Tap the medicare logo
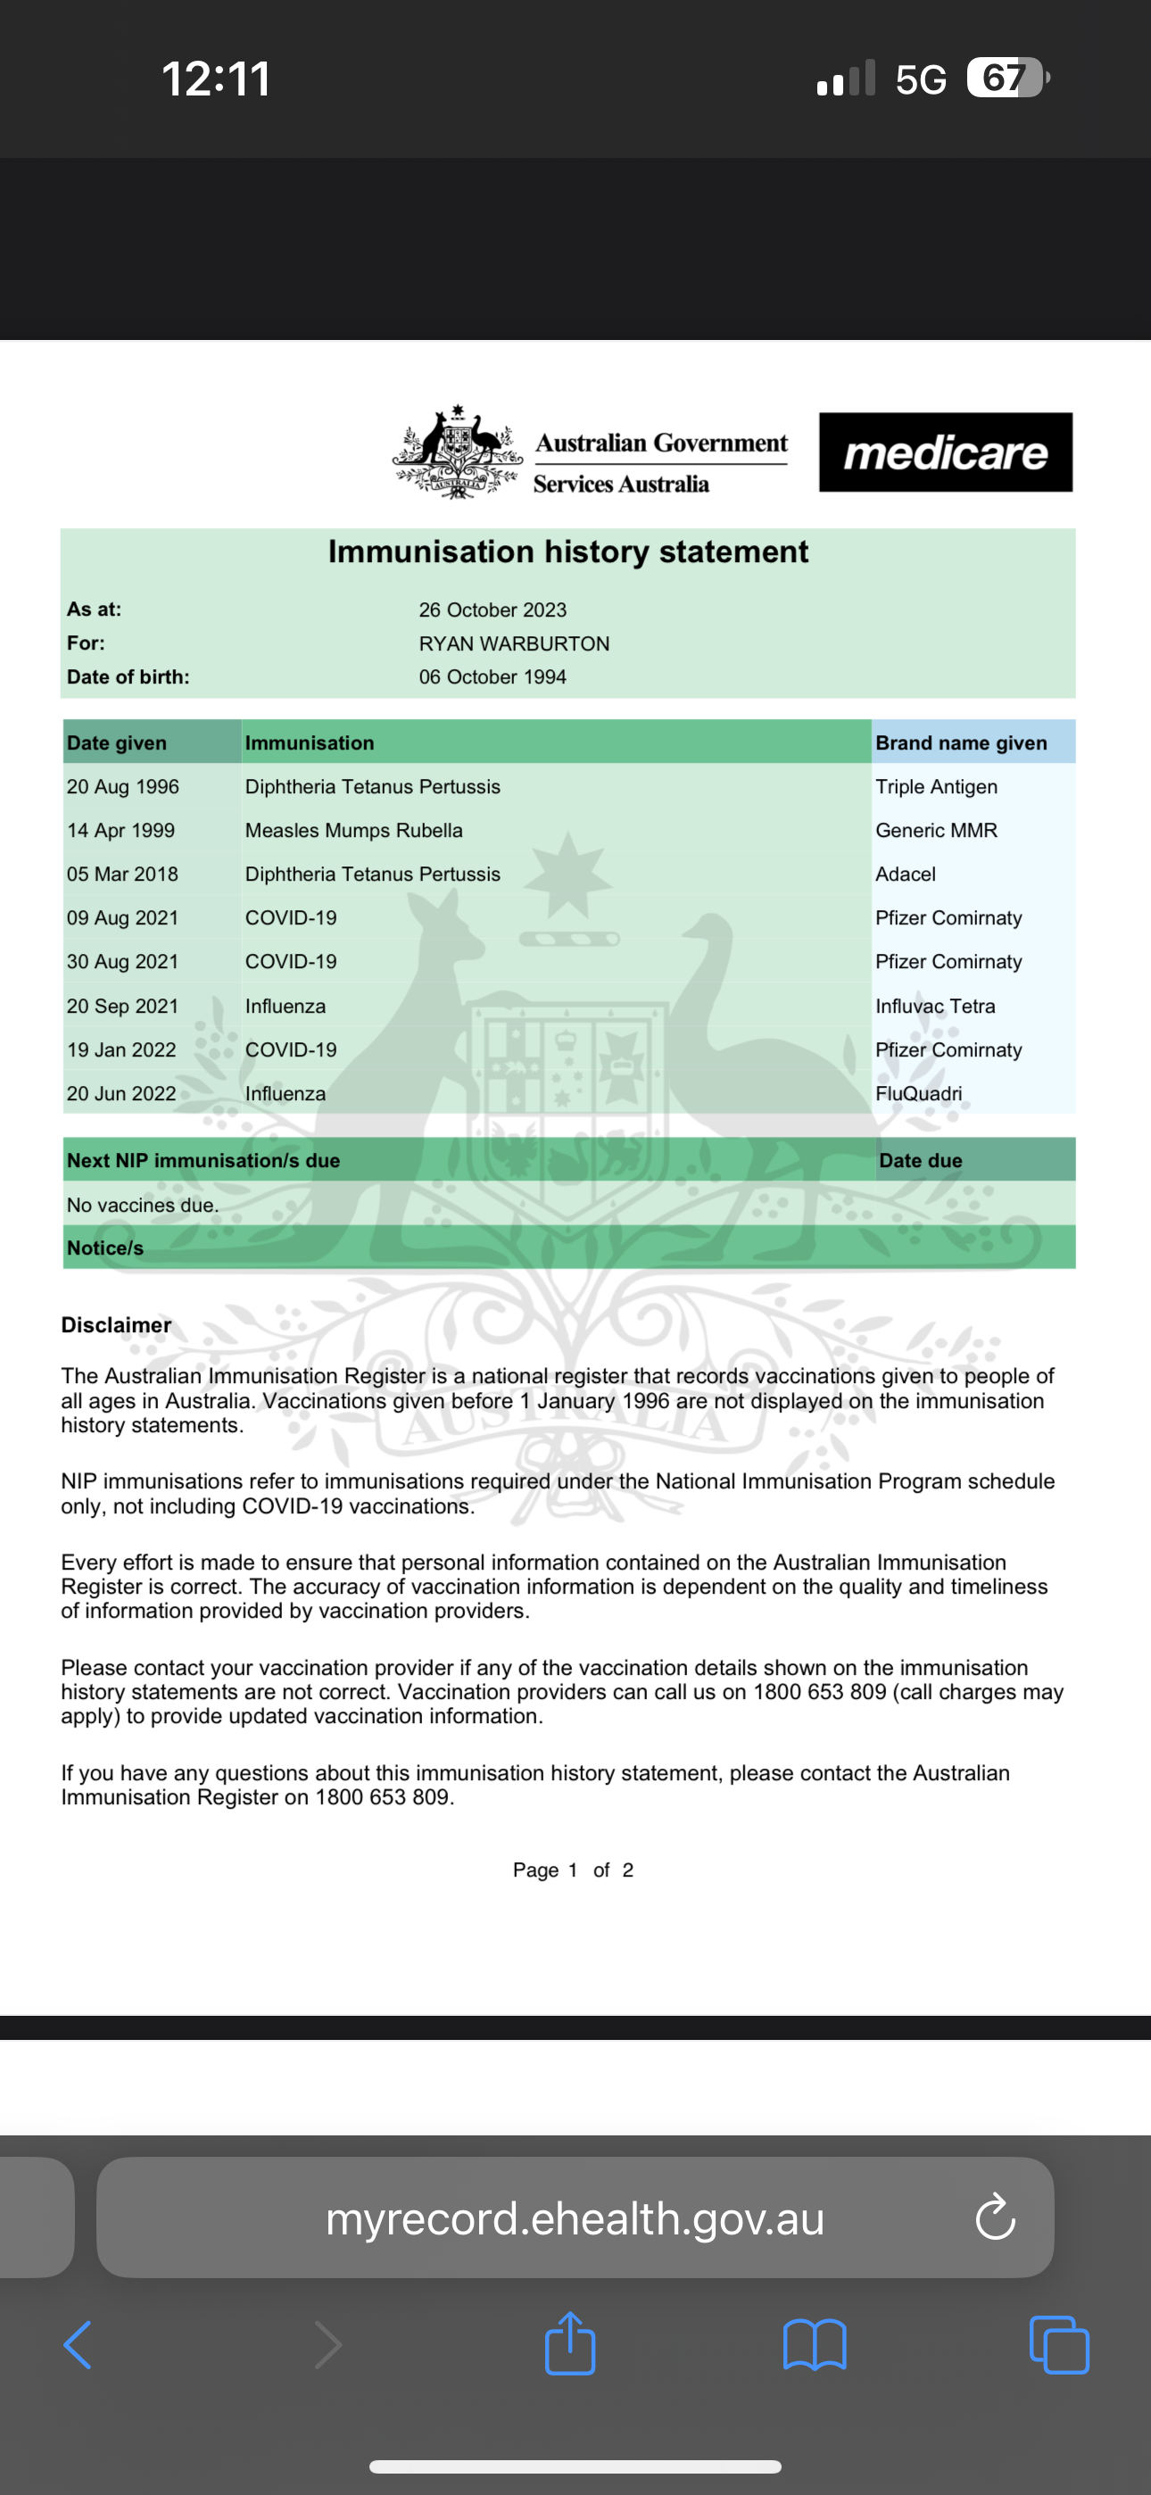(945, 452)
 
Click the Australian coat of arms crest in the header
(458, 452)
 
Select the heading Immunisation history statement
(567, 552)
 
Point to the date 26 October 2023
(493, 610)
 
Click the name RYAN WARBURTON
(514, 644)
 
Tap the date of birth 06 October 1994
(493, 677)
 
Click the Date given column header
(116, 743)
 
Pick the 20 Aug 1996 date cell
(123, 786)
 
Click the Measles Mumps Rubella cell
(353, 830)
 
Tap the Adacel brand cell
(905, 874)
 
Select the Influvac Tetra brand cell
(935, 1007)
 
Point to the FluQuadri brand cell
(918, 1093)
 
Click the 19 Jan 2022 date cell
(121, 1050)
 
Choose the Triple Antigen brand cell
(936, 786)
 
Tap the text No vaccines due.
(143, 1205)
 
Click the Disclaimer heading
(116, 1325)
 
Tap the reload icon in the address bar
(995, 2218)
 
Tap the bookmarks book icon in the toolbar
(815, 2345)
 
